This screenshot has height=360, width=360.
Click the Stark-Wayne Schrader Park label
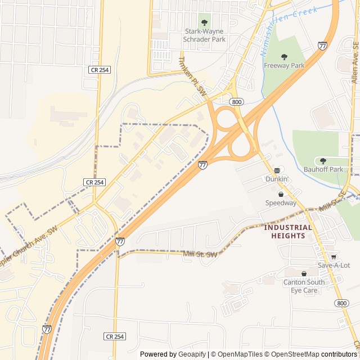click(x=204, y=36)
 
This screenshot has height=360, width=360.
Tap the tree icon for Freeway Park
click(x=284, y=57)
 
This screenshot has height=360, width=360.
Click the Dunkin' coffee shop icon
click(x=277, y=170)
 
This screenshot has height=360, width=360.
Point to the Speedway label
click(x=281, y=203)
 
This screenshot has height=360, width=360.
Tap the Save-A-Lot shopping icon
click(x=333, y=256)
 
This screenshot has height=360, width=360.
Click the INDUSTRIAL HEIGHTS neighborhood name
click(x=288, y=232)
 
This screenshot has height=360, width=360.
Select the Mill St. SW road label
click(x=200, y=255)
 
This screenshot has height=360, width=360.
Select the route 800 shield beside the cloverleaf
click(x=237, y=102)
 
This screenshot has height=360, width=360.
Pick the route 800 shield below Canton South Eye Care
click(x=341, y=303)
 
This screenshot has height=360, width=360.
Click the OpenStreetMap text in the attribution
click(x=291, y=354)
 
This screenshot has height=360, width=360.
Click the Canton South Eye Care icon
click(x=304, y=273)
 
